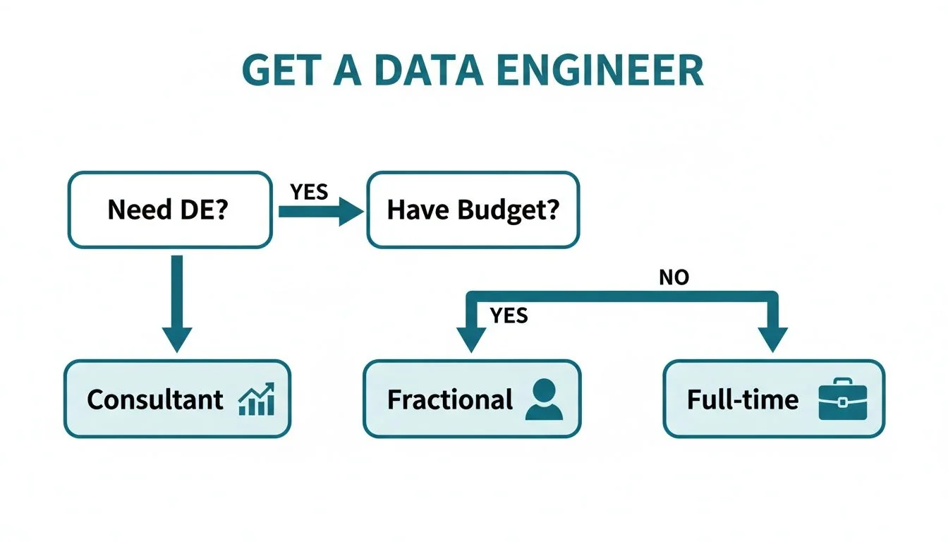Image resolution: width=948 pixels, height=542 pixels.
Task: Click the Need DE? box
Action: point(169,210)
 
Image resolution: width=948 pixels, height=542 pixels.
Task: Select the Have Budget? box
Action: point(473,210)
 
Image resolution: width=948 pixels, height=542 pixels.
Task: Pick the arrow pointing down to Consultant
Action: point(177,303)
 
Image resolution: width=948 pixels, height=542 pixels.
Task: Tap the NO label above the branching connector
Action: point(673,277)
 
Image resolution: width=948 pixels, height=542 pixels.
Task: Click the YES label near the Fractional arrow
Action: point(509,315)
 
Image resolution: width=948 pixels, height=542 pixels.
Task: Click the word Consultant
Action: point(155,399)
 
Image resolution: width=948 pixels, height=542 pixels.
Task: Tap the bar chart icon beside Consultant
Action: point(257,400)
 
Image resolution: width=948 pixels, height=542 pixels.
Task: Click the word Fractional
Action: point(449,399)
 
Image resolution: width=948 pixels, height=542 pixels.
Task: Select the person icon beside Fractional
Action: point(544,399)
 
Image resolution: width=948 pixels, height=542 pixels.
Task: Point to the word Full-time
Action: point(743,399)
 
